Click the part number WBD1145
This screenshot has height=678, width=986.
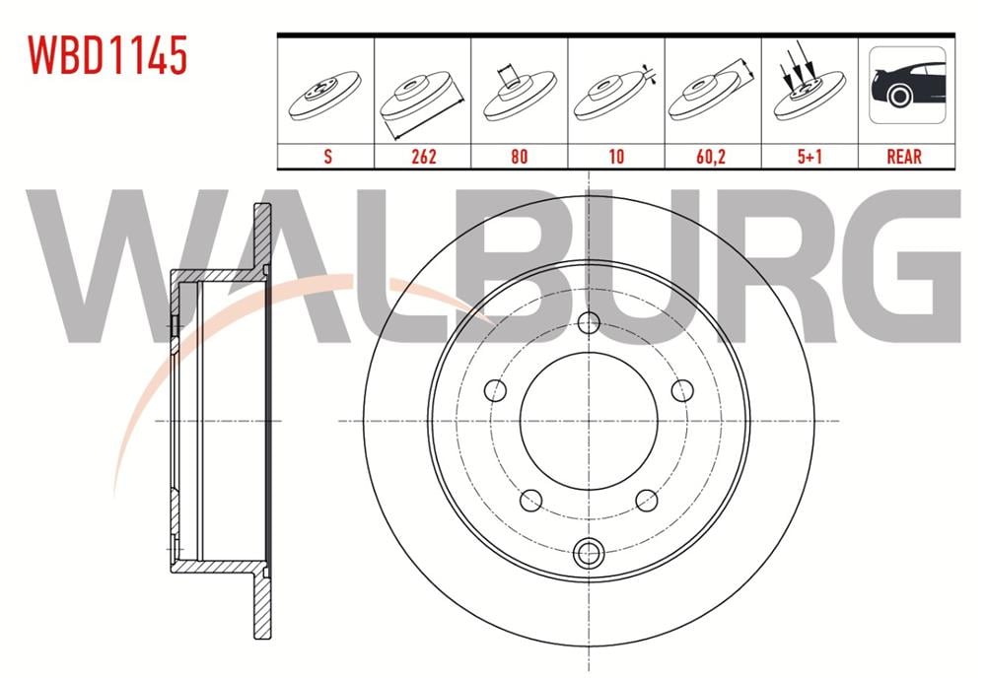point(106,57)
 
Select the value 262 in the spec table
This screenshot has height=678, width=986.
point(422,156)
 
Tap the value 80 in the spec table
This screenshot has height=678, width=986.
point(519,156)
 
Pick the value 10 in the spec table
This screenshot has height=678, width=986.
point(615,156)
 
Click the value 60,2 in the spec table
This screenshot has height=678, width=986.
point(712,156)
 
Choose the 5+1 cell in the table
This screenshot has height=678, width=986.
point(809,156)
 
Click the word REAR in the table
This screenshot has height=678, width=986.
point(904,156)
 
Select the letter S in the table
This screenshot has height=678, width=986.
point(325,156)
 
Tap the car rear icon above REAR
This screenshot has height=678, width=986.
point(906,87)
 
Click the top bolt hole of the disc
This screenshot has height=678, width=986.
point(589,322)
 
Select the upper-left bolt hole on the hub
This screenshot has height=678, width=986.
point(496,390)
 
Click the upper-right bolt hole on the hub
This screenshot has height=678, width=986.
point(681,390)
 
